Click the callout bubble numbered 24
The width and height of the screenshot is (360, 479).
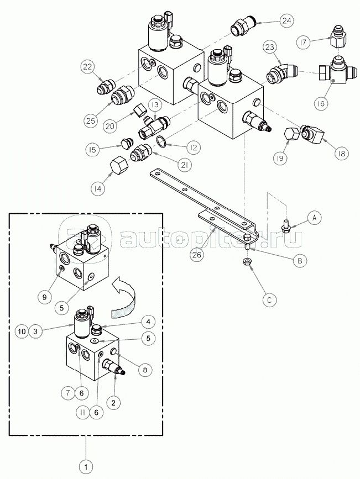click(286, 22)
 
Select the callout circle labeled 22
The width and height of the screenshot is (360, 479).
click(88, 67)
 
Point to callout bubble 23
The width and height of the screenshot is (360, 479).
click(269, 48)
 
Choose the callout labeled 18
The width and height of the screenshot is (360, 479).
click(341, 154)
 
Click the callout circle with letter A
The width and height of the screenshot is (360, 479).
click(315, 218)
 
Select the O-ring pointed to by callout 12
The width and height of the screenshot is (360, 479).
click(161, 141)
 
